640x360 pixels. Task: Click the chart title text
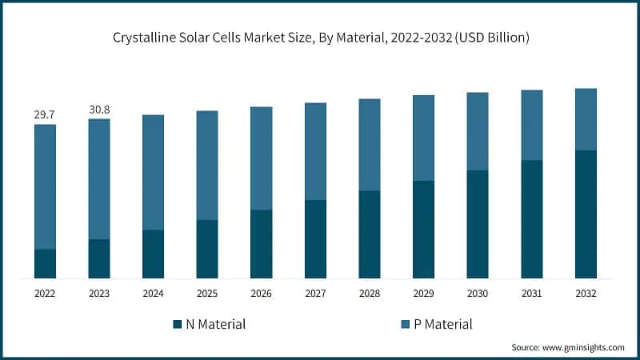319,38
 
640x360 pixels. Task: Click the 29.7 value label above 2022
45,115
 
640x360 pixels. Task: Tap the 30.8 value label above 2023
99,110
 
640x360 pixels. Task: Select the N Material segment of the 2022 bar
45,264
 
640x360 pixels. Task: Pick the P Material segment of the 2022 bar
45,186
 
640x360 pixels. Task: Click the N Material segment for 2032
586,214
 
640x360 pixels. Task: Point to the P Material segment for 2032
586,119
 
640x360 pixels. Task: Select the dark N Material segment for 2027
315,239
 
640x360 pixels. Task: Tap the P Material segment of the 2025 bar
207,165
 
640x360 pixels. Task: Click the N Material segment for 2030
478,224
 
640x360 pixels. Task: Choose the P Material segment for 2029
423,138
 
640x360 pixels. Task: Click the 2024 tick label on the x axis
153,294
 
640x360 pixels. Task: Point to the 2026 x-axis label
261,294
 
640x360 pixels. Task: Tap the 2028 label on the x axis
370,294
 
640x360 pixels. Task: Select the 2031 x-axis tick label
532,294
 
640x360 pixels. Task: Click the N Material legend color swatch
177,324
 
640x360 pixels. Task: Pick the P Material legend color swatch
406,324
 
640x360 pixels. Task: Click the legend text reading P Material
444,324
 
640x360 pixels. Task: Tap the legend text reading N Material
216,324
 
